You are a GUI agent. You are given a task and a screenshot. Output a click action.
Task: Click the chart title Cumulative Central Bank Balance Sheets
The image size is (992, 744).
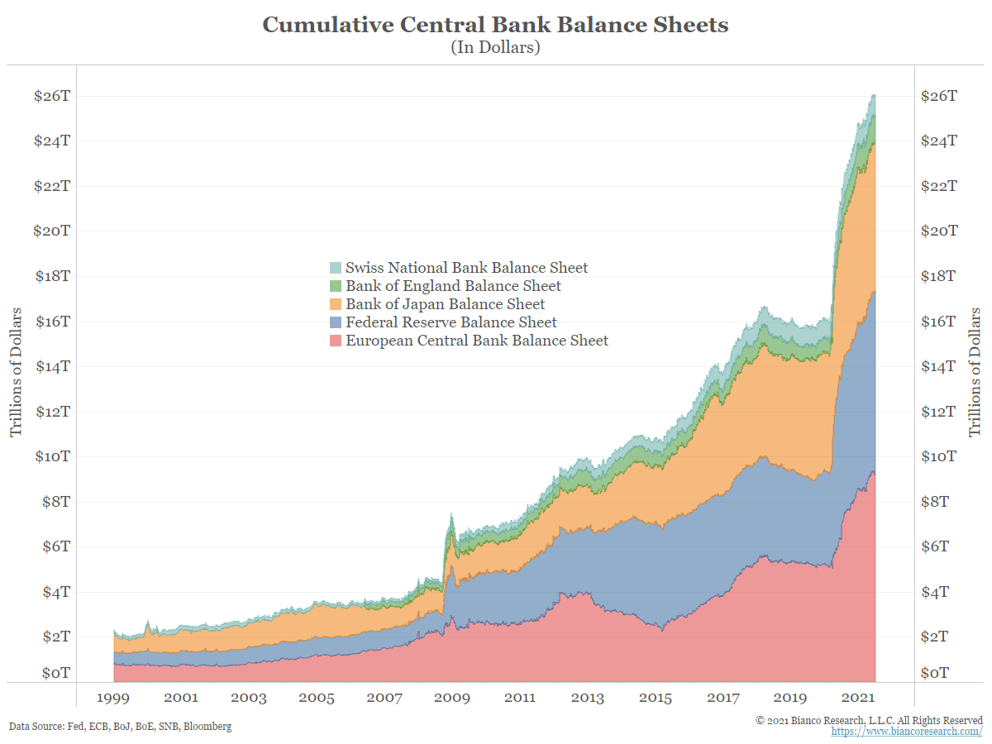tap(495, 25)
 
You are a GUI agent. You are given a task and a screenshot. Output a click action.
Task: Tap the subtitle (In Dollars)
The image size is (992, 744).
tap(495, 47)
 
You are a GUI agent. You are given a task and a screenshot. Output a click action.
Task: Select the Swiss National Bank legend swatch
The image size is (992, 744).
tap(336, 268)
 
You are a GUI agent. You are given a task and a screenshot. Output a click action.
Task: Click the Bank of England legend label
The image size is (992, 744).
tap(453, 286)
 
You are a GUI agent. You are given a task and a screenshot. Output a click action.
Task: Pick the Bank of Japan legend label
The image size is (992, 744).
tap(445, 304)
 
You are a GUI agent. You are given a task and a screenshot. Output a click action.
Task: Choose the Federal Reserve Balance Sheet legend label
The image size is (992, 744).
tap(451, 322)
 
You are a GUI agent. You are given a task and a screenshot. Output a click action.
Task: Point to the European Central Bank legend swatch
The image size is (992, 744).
tap(336, 341)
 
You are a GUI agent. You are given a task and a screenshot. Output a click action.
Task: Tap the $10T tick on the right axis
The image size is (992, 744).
tap(939, 456)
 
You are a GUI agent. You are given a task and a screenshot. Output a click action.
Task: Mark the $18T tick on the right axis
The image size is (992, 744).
tap(939, 276)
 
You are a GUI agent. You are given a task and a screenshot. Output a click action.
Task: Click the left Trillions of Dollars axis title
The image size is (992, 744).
tap(17, 372)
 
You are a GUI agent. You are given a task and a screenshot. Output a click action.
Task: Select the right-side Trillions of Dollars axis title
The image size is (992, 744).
tap(975, 372)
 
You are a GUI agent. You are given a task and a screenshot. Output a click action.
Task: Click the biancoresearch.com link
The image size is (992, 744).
tap(907, 732)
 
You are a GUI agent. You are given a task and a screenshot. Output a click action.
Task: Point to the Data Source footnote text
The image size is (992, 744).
tap(121, 727)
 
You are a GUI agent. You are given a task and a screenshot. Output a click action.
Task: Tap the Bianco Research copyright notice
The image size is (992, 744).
tap(869, 720)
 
